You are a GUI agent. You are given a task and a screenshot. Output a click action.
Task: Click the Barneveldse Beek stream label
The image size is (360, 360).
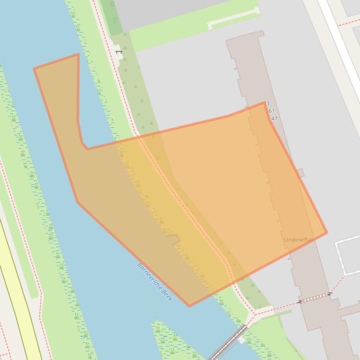[155, 282]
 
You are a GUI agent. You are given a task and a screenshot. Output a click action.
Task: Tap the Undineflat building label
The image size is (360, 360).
[299, 240]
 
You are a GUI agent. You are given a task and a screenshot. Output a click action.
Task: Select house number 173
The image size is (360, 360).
[265, 104]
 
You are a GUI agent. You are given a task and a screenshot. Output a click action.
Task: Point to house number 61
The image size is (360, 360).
[271, 111]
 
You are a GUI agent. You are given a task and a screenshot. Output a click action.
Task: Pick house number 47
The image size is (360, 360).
[274, 119]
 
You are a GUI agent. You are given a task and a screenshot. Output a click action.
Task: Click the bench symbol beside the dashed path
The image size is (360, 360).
[118, 51]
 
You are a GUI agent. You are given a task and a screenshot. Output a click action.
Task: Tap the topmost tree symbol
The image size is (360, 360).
[112, 5]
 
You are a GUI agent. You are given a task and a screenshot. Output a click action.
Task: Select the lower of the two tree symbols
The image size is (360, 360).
[115, 21]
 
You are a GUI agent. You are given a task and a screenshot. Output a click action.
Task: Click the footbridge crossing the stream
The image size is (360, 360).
[227, 343]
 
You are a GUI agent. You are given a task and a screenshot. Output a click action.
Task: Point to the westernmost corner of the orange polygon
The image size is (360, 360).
[34, 69]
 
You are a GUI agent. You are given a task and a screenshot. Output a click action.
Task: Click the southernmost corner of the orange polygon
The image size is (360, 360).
[189, 306]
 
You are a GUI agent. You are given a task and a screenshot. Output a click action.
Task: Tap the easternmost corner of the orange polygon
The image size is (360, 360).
[327, 232]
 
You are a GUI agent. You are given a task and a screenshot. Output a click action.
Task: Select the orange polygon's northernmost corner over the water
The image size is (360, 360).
[78, 54]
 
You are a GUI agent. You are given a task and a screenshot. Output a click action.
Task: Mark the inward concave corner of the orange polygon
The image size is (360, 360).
[87, 149]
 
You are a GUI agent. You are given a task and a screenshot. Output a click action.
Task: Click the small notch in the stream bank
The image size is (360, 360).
[175, 240]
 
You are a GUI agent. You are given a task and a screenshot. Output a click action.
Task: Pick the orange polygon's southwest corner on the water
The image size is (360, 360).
[78, 202]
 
